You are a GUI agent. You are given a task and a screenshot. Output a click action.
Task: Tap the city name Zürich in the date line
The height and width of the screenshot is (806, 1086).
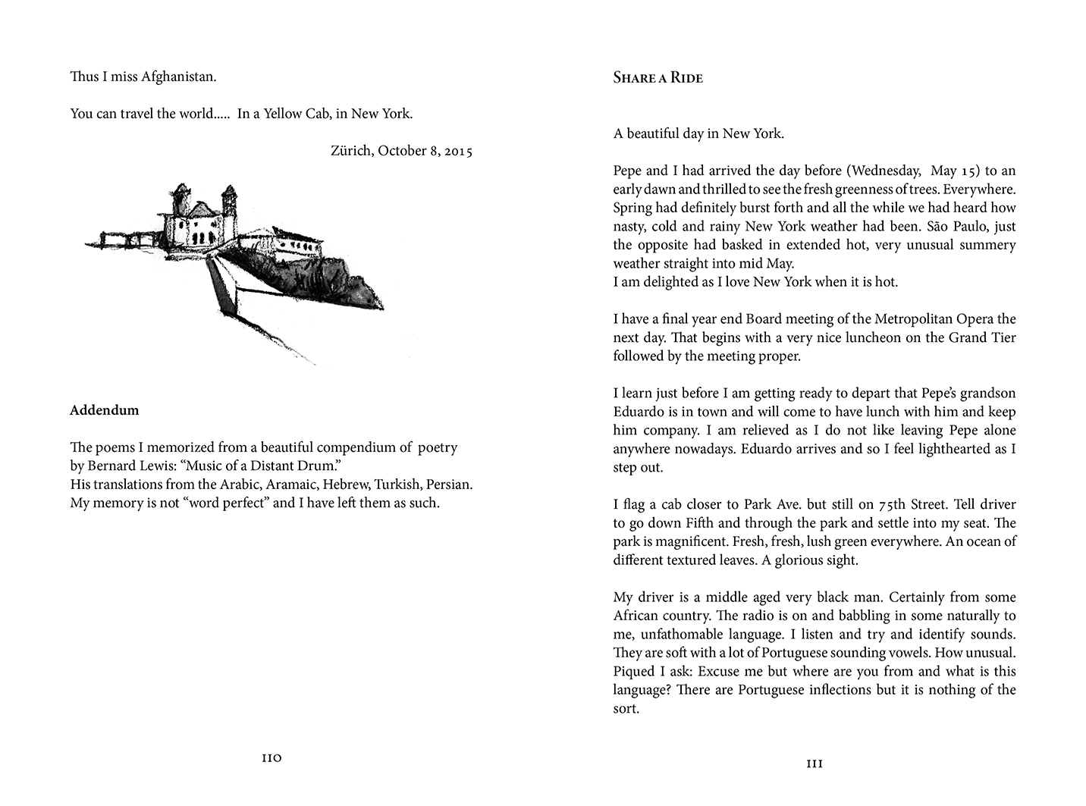tap(351, 151)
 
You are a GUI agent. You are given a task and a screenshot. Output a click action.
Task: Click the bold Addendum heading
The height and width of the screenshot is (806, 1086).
tap(105, 410)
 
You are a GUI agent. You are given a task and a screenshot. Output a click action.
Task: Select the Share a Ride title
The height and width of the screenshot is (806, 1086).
tap(658, 77)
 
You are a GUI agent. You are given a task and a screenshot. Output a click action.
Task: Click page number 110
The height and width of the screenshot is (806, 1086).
tap(271, 757)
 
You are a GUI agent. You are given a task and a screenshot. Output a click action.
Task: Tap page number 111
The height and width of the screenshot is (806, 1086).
tap(814, 764)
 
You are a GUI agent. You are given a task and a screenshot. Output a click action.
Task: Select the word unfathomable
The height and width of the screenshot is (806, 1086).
tap(699, 634)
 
